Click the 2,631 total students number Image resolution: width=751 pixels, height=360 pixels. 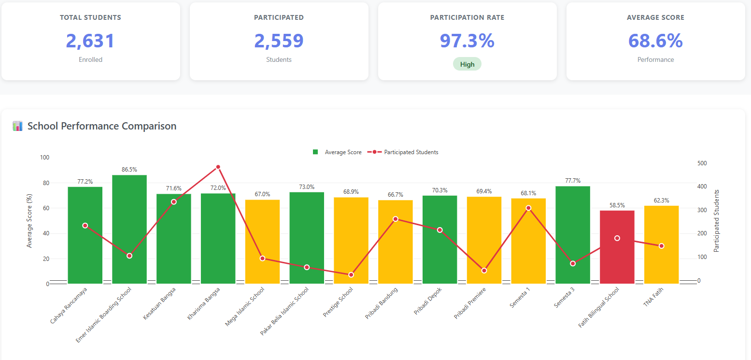point(90,41)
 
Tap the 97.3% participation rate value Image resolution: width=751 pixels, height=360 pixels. point(467,41)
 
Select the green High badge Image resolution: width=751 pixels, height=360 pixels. point(467,64)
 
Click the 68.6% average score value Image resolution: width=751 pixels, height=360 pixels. point(655,41)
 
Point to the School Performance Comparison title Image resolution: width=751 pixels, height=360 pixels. point(101,126)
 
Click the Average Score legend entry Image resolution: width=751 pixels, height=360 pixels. point(338,152)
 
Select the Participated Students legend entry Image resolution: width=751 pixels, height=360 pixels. point(403,152)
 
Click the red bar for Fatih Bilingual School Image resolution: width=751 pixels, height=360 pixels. point(617,251)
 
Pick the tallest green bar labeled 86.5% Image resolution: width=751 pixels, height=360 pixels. point(129,227)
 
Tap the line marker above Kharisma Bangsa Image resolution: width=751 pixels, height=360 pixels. point(218,167)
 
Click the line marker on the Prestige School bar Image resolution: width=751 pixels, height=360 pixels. point(351,274)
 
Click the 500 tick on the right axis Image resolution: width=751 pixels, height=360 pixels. point(702,163)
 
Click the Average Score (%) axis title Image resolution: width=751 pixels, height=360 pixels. point(29,220)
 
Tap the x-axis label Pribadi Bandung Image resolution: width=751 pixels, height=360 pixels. point(382,303)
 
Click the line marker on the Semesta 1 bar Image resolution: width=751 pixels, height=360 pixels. point(528,208)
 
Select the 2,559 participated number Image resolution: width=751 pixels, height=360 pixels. point(279,41)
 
